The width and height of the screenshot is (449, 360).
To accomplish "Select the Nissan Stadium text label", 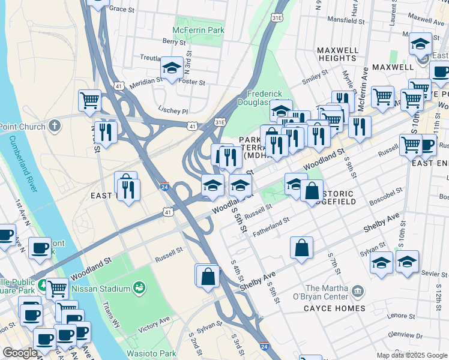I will pos(100,289).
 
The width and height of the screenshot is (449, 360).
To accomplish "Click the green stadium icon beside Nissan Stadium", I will pos(139,289).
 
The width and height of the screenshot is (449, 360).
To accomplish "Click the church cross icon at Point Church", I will pos(55,126).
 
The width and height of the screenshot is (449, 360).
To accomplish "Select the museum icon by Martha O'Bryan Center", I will pos(358,292).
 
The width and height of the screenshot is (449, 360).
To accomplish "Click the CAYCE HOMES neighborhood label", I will pos(334,308).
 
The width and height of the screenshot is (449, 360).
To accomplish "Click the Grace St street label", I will pos(122,9).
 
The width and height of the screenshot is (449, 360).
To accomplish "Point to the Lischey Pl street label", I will pos(173,111).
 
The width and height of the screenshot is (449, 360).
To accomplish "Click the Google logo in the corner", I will pos(20,353).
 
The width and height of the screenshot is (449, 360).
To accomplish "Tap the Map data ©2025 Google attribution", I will pos(411,355).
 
